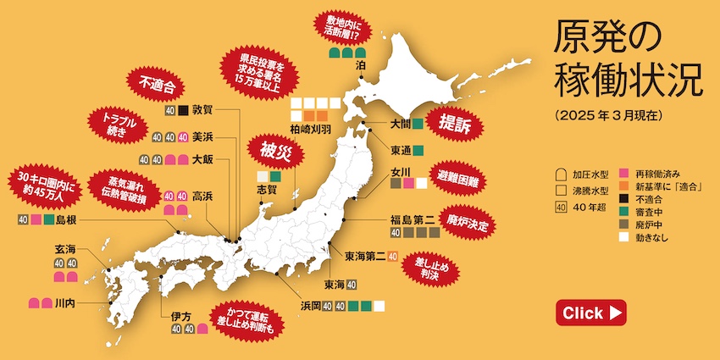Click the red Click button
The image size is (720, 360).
[590, 313]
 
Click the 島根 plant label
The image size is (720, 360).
[67, 222]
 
